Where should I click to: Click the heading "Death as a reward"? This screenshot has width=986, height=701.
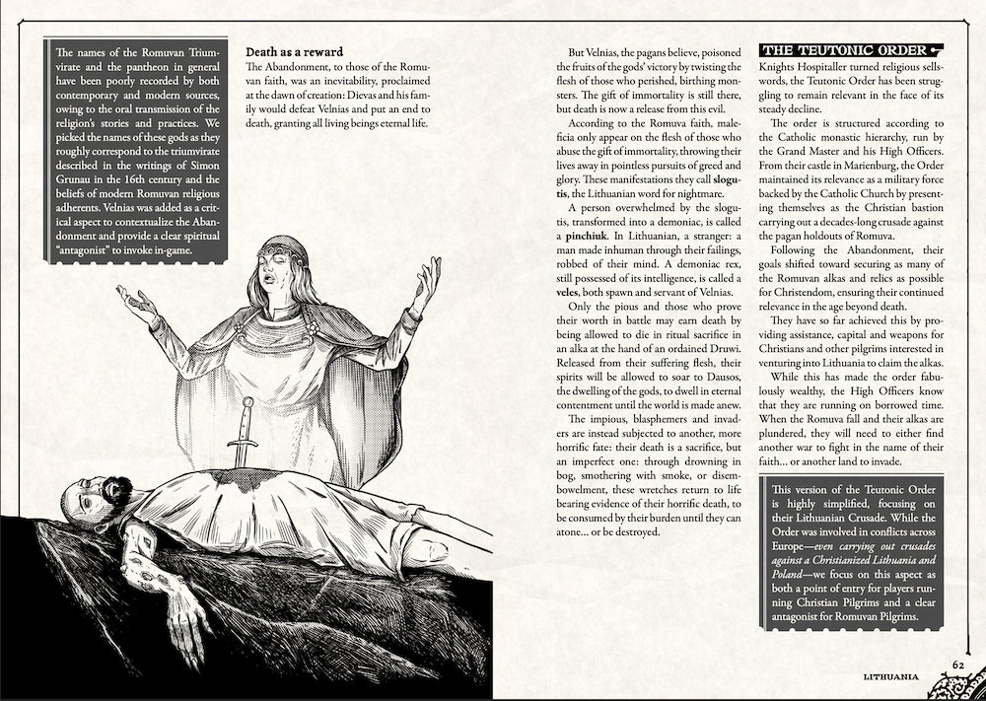[x=293, y=50]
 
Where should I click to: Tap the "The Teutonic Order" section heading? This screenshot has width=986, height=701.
[x=843, y=50]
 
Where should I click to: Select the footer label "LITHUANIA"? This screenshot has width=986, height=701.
[x=893, y=677]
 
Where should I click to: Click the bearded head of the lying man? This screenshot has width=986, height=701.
[x=100, y=493]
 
